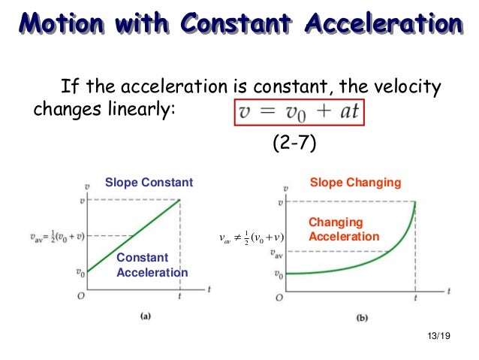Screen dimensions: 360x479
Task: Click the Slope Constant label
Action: click(x=149, y=183)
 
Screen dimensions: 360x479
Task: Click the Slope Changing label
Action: click(x=355, y=183)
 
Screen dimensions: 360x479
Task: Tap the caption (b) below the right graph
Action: click(x=362, y=318)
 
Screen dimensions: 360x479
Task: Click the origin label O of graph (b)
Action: click(x=278, y=298)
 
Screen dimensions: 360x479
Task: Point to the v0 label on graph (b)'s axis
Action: click(x=278, y=274)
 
